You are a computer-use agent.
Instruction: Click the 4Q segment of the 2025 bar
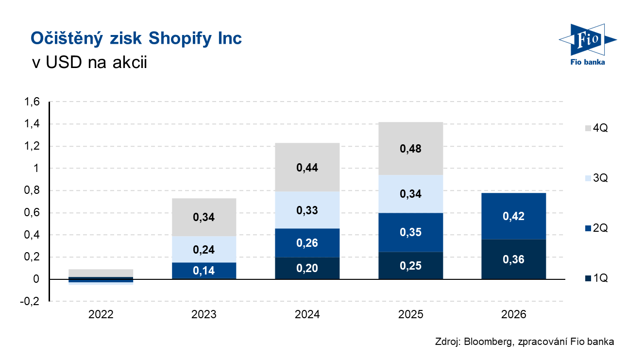click(x=410, y=148)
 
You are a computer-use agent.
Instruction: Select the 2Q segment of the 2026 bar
click(x=514, y=216)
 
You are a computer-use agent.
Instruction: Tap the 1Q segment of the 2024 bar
click(x=307, y=268)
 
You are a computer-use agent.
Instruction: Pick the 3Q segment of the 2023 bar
click(x=204, y=249)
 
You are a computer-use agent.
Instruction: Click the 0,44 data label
click(x=307, y=168)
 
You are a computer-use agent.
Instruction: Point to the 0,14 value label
click(x=204, y=271)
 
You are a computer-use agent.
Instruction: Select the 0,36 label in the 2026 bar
click(x=513, y=259)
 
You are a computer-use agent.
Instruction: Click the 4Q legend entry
click(x=596, y=128)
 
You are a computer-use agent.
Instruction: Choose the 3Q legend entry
click(x=596, y=178)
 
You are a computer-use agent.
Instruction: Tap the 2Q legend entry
click(x=596, y=228)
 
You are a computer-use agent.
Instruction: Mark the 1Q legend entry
click(x=596, y=278)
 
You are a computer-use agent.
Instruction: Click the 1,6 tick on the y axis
click(x=32, y=102)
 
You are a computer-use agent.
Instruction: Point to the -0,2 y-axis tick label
click(x=30, y=301)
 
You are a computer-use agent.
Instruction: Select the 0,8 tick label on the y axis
click(x=32, y=190)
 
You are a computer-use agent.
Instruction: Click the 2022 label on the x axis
click(x=101, y=314)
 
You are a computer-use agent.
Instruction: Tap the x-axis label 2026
click(x=514, y=314)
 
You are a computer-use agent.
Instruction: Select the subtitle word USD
click(x=64, y=62)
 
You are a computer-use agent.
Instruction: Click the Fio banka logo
click(x=588, y=44)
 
